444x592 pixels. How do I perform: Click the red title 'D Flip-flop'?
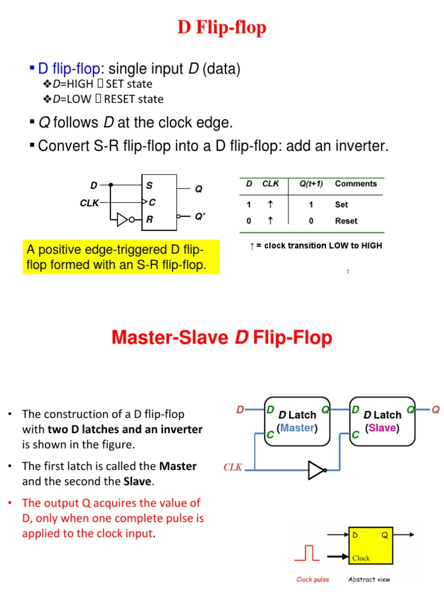point(222,28)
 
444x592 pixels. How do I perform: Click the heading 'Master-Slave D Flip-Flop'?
point(222,338)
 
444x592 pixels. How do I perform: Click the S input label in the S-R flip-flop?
point(149,186)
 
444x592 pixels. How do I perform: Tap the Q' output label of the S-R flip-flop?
point(199,217)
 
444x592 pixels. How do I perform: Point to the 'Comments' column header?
point(356,184)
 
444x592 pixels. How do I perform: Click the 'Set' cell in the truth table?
point(341,205)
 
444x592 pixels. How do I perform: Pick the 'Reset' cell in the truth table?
point(346,221)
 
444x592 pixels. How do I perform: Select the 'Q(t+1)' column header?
point(311,184)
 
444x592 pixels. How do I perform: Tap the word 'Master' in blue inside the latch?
point(297,428)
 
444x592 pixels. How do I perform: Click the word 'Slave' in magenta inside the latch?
point(382,428)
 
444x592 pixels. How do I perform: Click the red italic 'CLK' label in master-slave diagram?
point(233,467)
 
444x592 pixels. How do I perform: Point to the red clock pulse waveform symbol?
point(307,554)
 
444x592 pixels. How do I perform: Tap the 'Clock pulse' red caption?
point(312,579)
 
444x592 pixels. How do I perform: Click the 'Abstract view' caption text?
point(369,579)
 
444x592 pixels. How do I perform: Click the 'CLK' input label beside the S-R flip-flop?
point(89,203)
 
